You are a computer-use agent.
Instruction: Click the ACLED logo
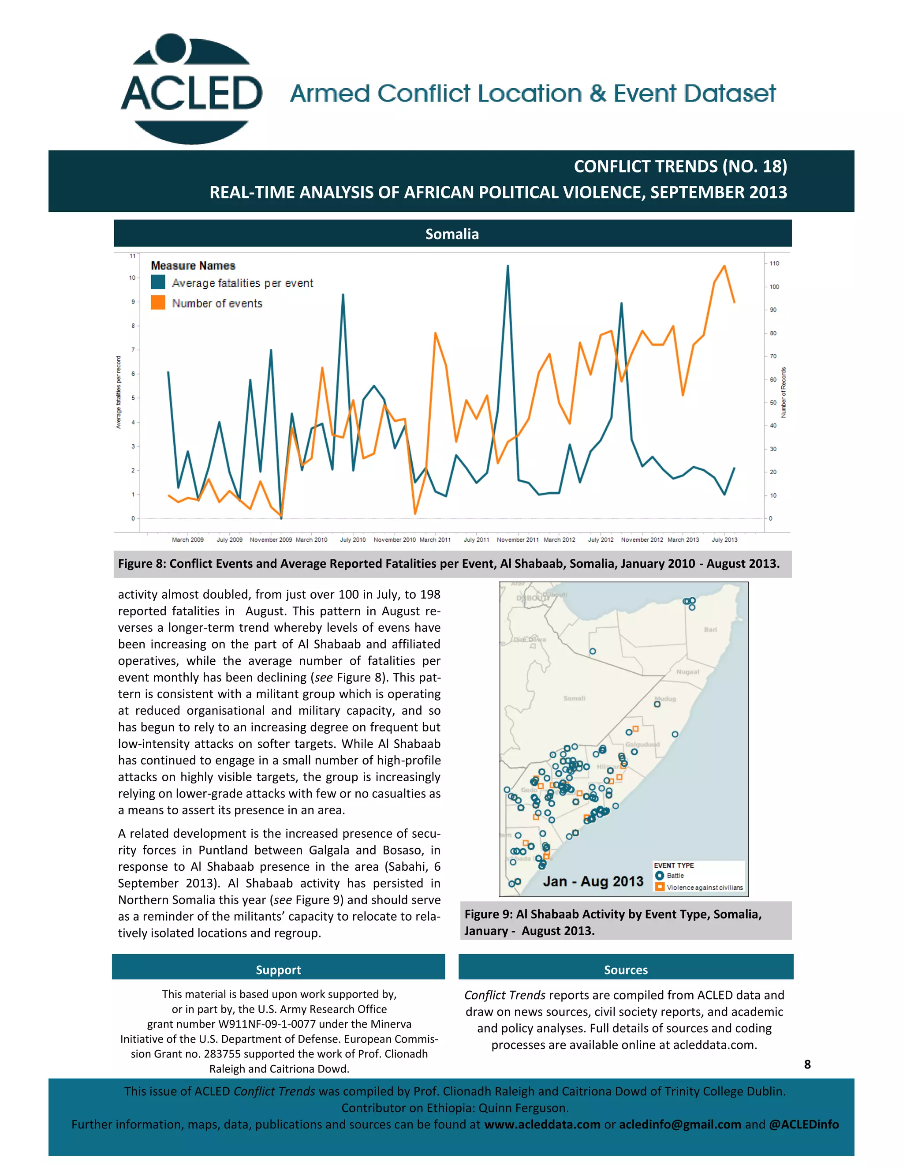[191, 90]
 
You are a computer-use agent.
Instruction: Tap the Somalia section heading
[452, 234]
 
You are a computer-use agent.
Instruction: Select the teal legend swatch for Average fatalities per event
[158, 282]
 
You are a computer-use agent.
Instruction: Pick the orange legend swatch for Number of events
[158, 303]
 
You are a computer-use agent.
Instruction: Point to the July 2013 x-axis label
[724, 540]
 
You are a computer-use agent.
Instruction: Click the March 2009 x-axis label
[187, 540]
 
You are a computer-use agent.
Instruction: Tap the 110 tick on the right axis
[774, 263]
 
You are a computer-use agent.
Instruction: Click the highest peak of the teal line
[507, 266]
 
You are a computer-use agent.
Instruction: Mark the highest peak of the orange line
[724, 266]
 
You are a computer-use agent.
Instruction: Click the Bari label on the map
[710, 629]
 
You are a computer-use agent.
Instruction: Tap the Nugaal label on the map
[687, 672]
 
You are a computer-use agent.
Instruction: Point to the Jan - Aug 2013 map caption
[593, 881]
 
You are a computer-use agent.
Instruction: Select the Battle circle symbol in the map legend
[660, 876]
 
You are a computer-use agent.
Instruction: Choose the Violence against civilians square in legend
[660, 887]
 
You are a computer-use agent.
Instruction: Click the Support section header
[278, 969]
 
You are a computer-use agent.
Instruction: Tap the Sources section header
[625, 969]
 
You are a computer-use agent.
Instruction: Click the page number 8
[807, 1064]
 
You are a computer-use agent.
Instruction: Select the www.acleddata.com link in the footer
[542, 1124]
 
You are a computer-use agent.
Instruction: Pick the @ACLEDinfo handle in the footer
[803, 1124]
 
